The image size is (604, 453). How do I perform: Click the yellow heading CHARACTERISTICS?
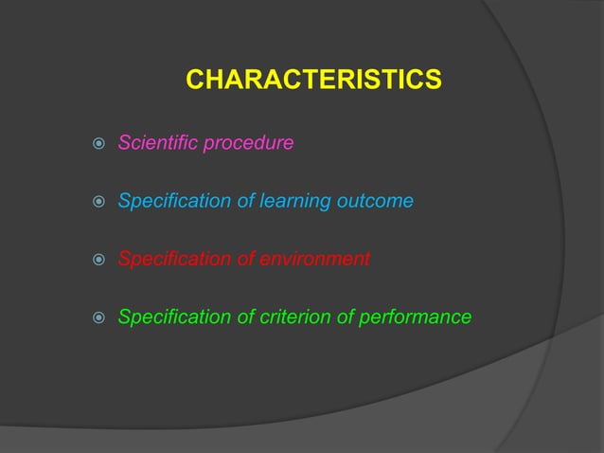[313, 81]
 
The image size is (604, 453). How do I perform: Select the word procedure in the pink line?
[246, 144]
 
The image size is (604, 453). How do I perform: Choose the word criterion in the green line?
[289, 317]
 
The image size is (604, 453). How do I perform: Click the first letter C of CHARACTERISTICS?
[194, 81]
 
